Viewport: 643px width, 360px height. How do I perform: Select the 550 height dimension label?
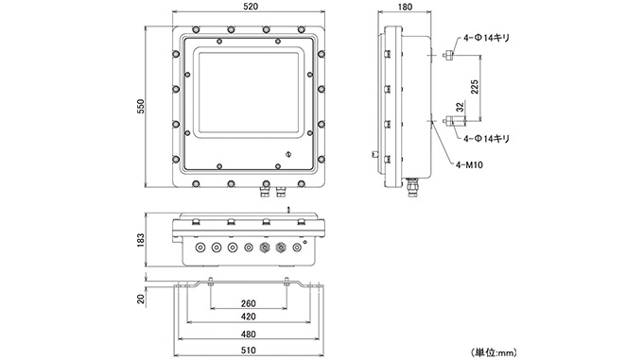141,107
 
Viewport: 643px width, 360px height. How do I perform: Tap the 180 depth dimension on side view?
405,7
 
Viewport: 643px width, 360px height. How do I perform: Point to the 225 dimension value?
475,87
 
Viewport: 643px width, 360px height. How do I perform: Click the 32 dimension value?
461,107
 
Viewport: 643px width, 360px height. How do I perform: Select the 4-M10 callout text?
469,165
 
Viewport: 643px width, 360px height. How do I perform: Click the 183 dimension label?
141,240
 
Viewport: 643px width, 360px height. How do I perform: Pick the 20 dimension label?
141,299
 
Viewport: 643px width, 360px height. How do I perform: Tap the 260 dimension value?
248,303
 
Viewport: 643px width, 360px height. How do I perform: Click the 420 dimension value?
248,317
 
